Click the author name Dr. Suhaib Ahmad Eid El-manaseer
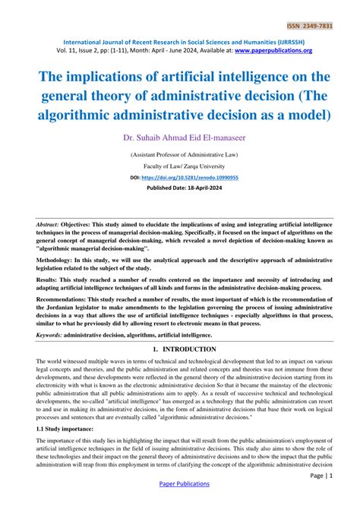tap(180, 138)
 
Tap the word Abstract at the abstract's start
tap(50, 226)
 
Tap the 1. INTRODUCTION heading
tap(180, 349)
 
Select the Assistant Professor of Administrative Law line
tap(180, 153)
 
